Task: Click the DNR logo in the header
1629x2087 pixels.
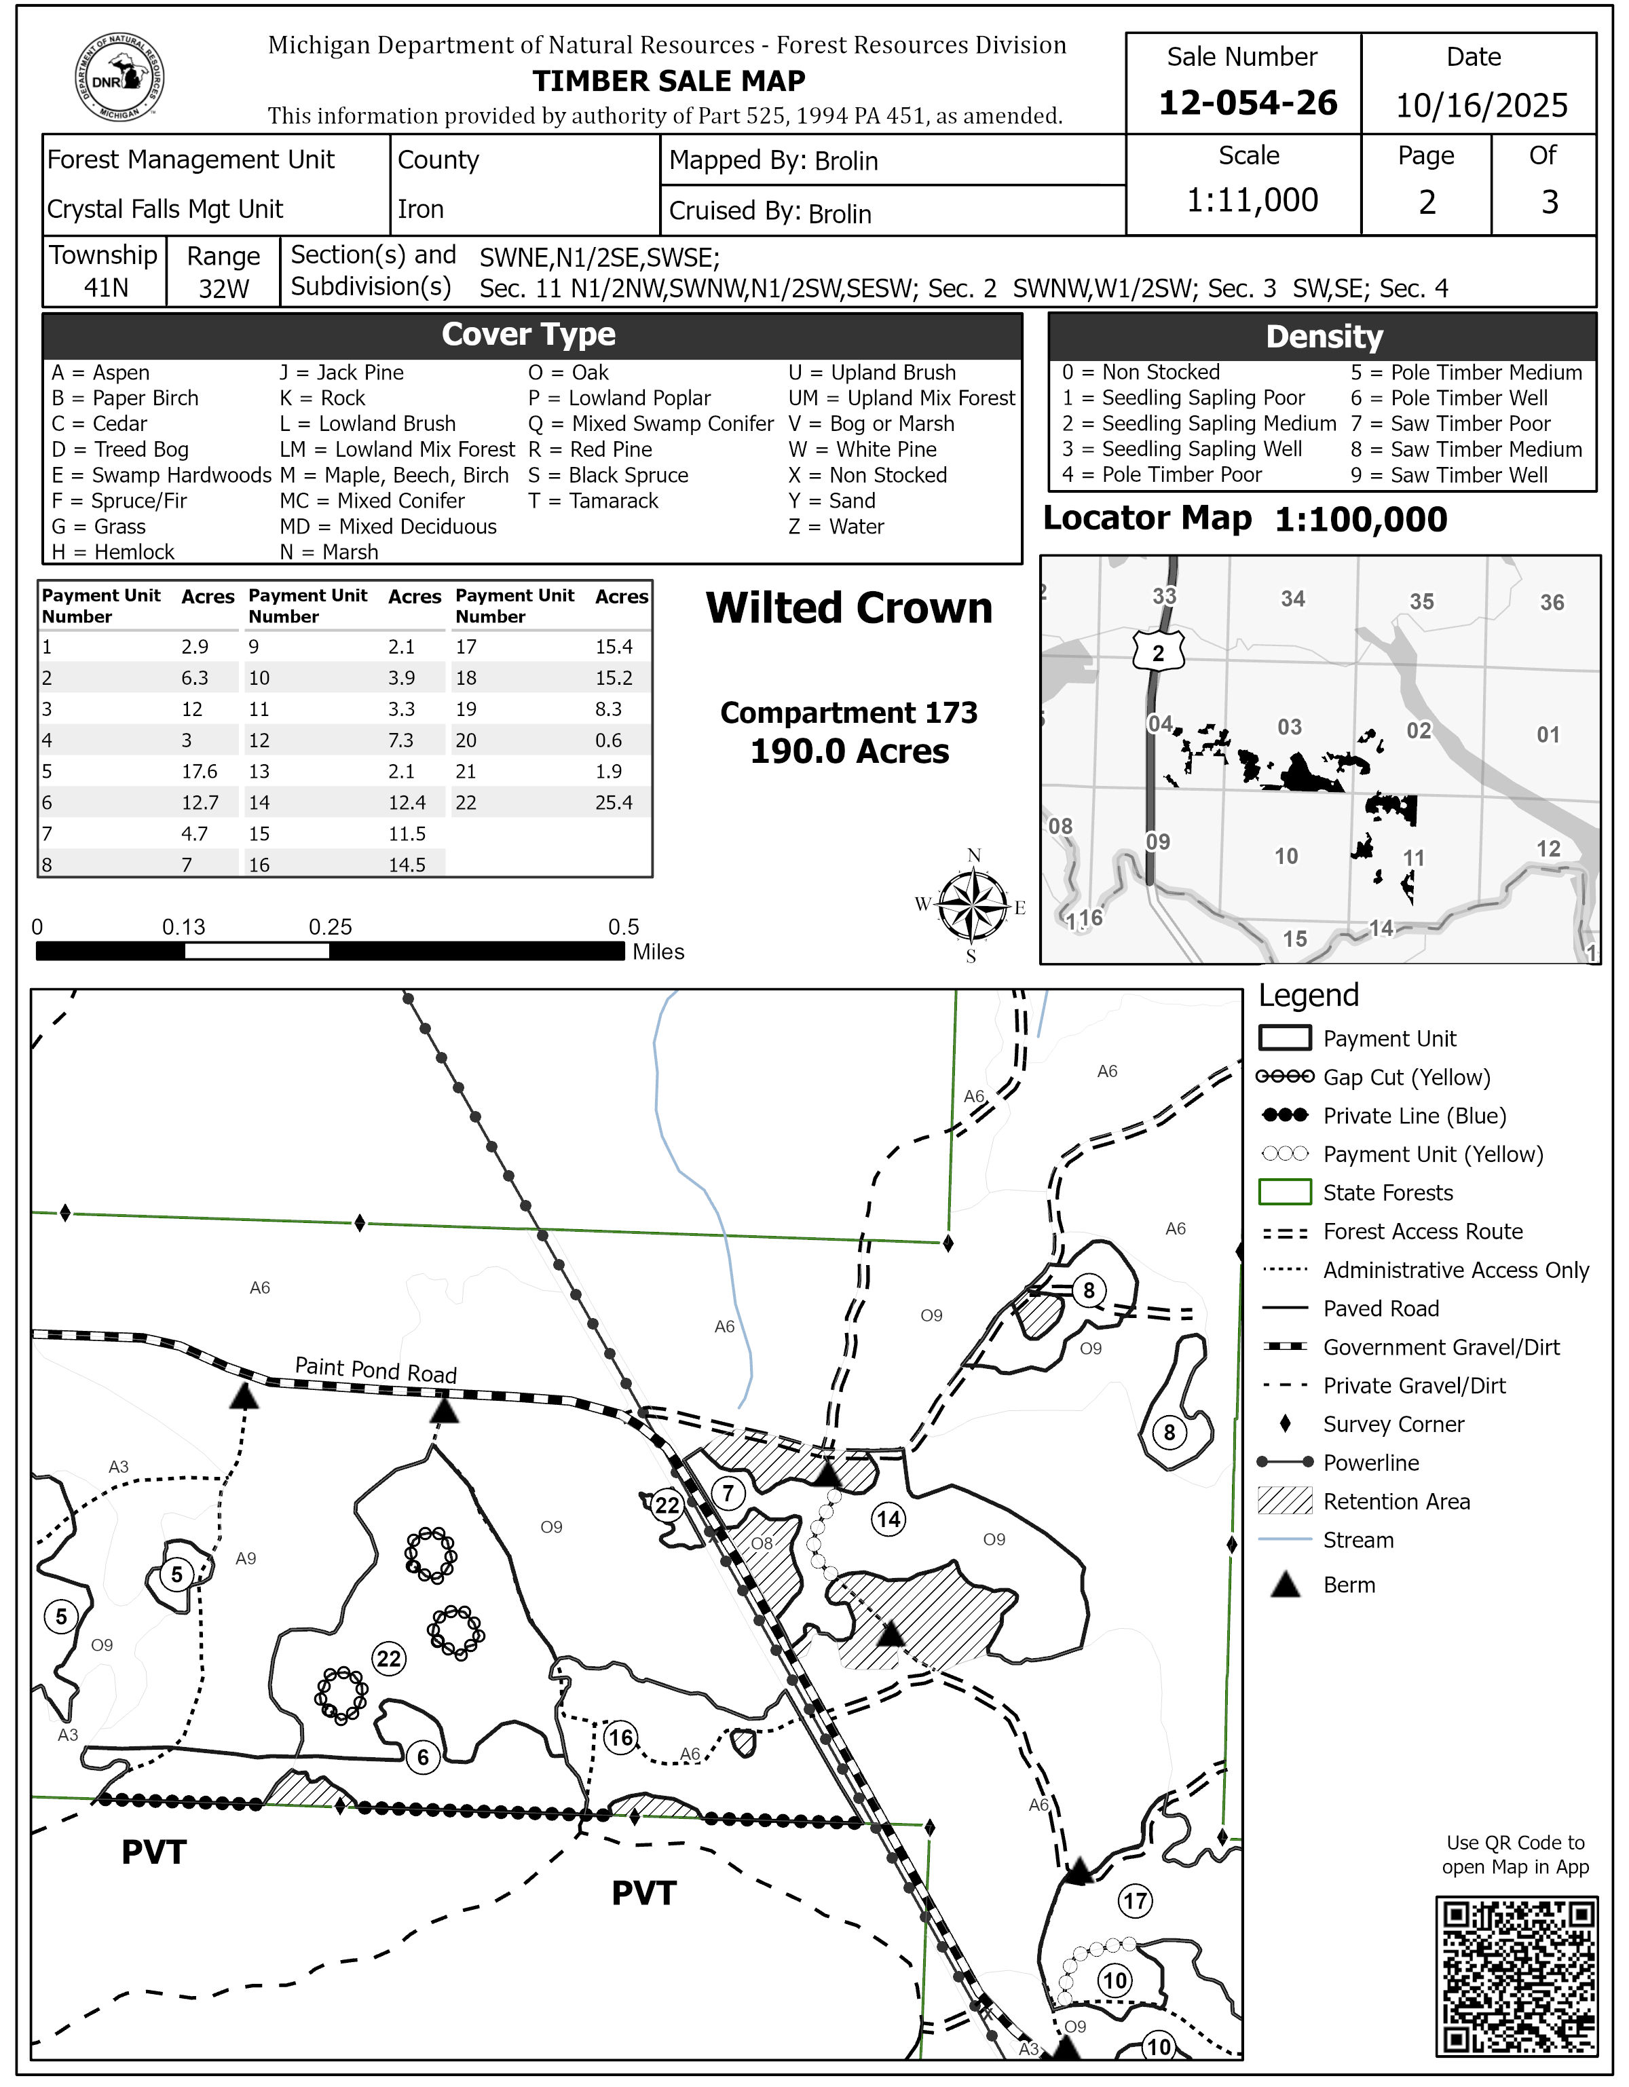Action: pos(119,77)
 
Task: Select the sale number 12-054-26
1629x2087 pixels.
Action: pos(1247,102)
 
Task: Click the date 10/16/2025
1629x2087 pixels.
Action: pos(1481,104)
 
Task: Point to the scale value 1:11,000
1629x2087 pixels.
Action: pos(1252,200)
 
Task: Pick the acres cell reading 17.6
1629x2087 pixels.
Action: pos(200,771)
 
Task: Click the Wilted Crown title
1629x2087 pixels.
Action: pos(848,607)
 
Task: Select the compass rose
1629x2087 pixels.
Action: pos(973,905)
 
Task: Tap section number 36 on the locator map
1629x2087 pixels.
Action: pos(1552,602)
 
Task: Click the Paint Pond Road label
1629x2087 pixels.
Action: pos(375,1370)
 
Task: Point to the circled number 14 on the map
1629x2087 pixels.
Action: pos(888,1518)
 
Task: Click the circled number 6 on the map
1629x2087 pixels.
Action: pos(424,1756)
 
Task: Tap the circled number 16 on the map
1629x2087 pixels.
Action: pos(621,1737)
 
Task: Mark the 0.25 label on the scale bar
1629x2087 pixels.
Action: pos(330,927)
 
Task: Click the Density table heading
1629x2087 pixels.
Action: pos(1324,337)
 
